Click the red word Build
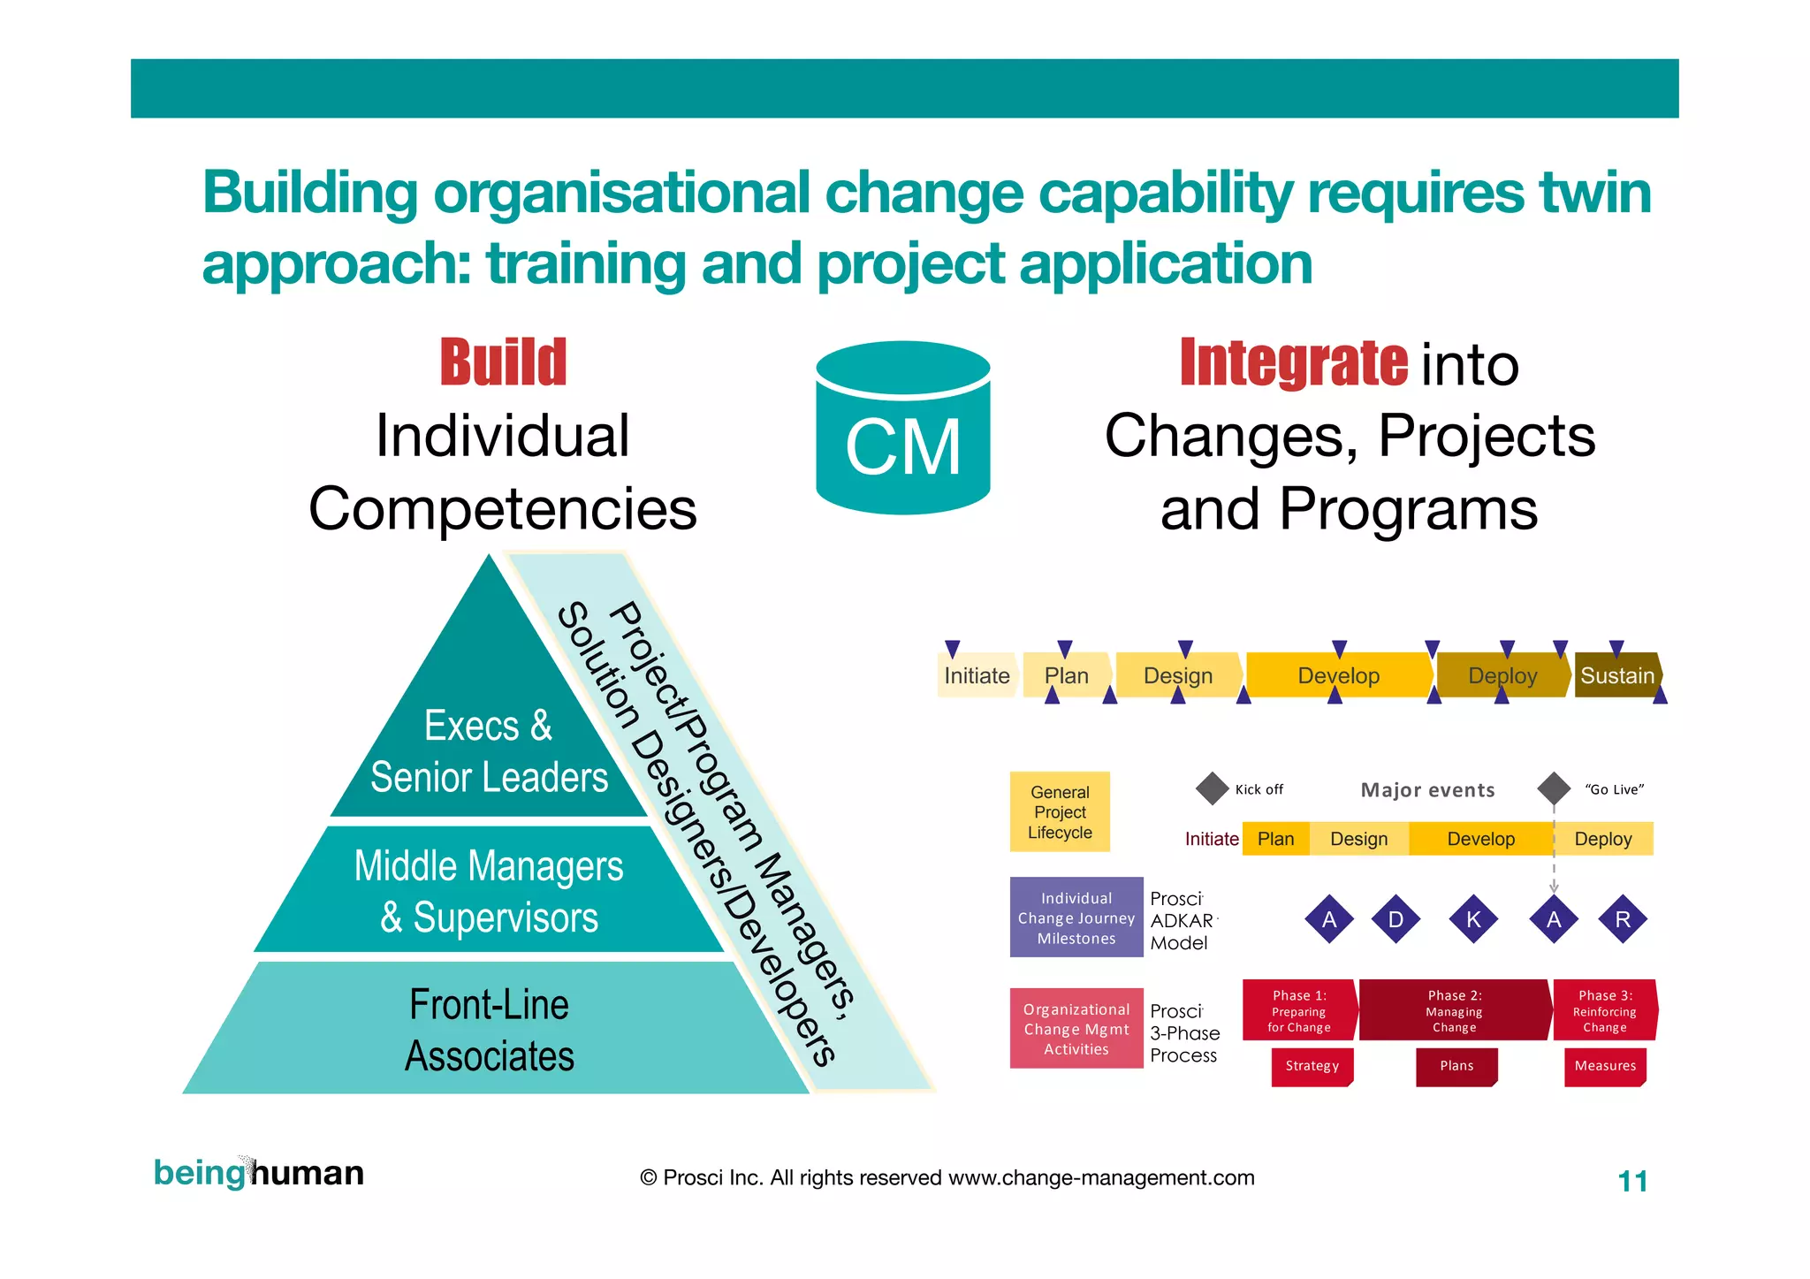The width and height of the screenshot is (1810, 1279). [x=503, y=362]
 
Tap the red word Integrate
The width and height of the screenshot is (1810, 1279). [x=1293, y=362]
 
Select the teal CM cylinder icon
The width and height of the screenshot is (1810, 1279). [x=902, y=429]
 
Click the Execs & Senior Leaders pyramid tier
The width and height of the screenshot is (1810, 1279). [x=489, y=751]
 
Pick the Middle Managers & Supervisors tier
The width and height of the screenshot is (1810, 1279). [x=489, y=891]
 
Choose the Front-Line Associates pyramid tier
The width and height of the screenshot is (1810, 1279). [x=489, y=1030]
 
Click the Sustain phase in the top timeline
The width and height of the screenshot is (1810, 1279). [x=1616, y=675]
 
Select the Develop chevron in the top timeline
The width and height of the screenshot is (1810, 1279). [x=1338, y=675]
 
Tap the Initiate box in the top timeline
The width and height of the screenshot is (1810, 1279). [x=977, y=675]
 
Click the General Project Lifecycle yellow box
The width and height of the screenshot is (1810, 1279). [x=1060, y=812]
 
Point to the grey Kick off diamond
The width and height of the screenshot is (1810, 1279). [x=1212, y=788]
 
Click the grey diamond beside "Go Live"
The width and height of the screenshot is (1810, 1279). [x=1554, y=788]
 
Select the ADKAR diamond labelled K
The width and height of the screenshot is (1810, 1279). [x=1473, y=919]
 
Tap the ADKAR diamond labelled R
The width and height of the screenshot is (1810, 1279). [x=1623, y=919]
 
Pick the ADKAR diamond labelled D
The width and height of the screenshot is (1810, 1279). [x=1396, y=919]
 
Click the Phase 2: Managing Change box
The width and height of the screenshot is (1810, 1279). [x=1454, y=1010]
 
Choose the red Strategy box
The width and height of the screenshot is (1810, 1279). [x=1312, y=1066]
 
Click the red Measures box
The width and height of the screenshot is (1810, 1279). [x=1604, y=1066]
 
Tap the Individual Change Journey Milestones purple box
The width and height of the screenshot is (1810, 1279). [x=1076, y=918]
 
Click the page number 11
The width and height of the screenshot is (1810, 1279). [x=1632, y=1181]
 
